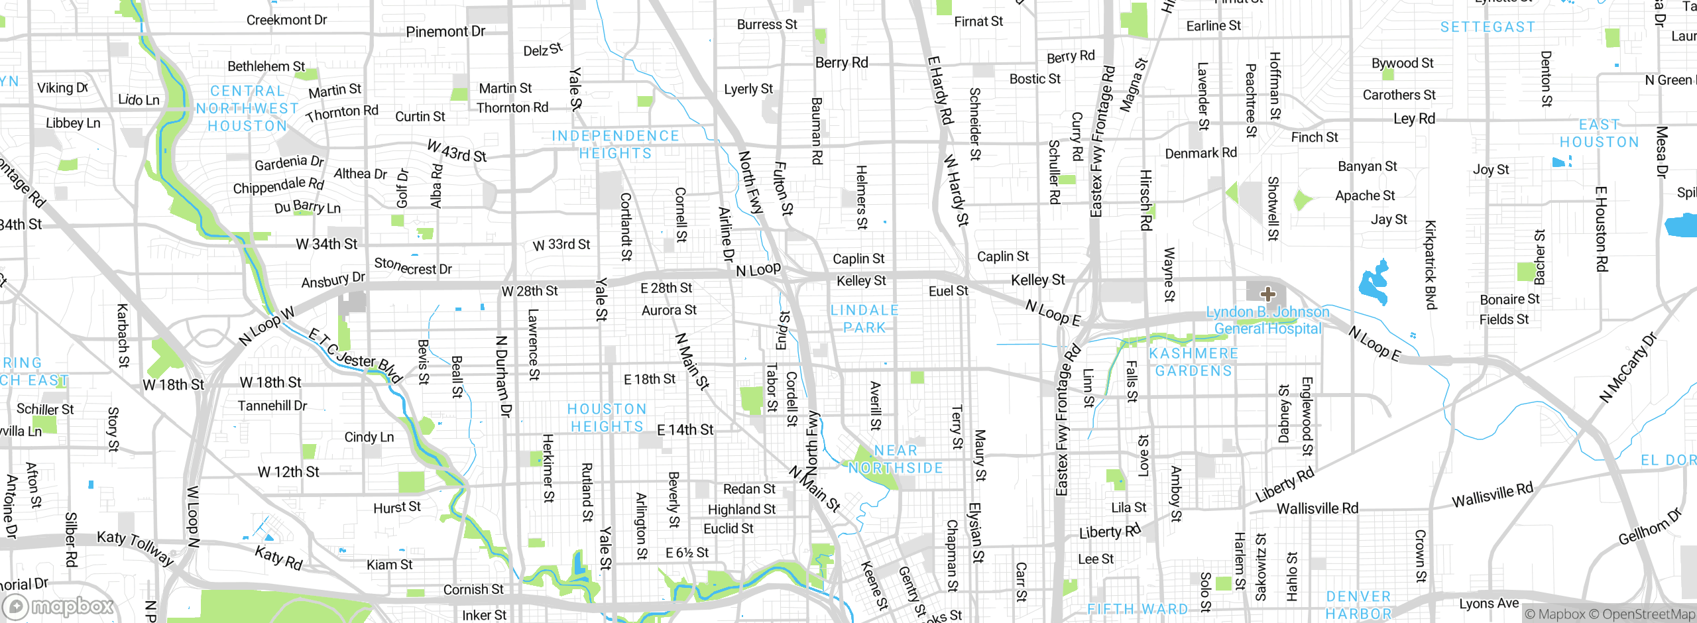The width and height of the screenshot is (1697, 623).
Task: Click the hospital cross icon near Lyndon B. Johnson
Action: [1267, 294]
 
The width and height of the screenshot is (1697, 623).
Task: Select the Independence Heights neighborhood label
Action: [615, 144]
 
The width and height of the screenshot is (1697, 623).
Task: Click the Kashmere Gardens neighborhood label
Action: [1193, 362]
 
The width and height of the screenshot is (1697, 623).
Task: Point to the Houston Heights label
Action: [607, 418]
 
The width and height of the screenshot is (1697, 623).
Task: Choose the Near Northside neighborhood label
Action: [896, 459]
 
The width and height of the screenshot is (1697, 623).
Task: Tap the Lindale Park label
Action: [864, 319]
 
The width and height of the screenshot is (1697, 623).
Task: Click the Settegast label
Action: [1488, 27]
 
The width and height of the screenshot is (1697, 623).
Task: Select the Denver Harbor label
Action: [1358, 605]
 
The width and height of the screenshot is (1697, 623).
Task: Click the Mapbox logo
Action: [58, 606]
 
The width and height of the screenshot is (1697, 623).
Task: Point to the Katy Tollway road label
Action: [136, 547]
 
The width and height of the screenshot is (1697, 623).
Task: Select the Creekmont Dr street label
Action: [286, 20]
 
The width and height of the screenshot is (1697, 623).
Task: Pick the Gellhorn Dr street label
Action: [1649, 527]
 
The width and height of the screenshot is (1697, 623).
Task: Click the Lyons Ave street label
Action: [1489, 604]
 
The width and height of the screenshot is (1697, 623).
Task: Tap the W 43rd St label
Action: [457, 151]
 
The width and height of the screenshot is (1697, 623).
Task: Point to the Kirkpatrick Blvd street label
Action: [1431, 265]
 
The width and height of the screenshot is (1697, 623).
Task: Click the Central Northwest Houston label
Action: [247, 109]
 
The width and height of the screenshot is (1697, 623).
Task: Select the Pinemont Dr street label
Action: [445, 31]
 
